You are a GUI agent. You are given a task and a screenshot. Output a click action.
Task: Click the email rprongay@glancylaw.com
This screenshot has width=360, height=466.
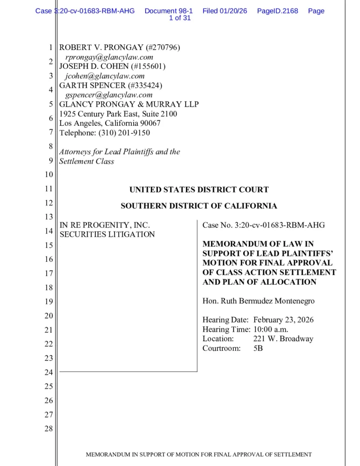pyautogui.click(x=109, y=57)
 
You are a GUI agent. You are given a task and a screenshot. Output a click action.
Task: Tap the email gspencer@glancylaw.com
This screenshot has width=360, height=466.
pyautogui.click(x=109, y=95)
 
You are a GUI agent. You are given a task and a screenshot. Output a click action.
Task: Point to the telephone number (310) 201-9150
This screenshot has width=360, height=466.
pyautogui.click(x=124, y=133)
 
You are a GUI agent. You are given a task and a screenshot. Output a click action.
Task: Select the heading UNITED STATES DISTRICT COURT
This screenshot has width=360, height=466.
pyautogui.click(x=199, y=190)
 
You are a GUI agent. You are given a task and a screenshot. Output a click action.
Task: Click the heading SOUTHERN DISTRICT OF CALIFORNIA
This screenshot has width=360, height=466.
pyautogui.click(x=199, y=206)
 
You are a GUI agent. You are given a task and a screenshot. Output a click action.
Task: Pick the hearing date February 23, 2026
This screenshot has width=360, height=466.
pyautogui.click(x=283, y=320)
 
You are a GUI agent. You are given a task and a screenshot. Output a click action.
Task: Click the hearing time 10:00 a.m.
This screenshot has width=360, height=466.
pyautogui.click(x=271, y=329)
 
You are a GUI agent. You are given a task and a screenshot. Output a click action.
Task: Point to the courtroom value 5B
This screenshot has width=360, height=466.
pyautogui.click(x=258, y=348)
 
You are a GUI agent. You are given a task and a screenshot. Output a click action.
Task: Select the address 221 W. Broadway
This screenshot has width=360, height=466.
pyautogui.click(x=283, y=339)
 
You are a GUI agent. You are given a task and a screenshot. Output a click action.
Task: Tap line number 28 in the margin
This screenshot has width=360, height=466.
pyautogui.click(x=48, y=429)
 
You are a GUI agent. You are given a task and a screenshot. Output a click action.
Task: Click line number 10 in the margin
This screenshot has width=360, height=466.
pyautogui.click(x=48, y=175)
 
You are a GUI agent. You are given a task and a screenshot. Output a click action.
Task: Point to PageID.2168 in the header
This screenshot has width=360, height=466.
pyautogui.click(x=278, y=11)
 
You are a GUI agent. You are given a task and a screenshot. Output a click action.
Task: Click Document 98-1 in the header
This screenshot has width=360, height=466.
pyautogui.click(x=169, y=11)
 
